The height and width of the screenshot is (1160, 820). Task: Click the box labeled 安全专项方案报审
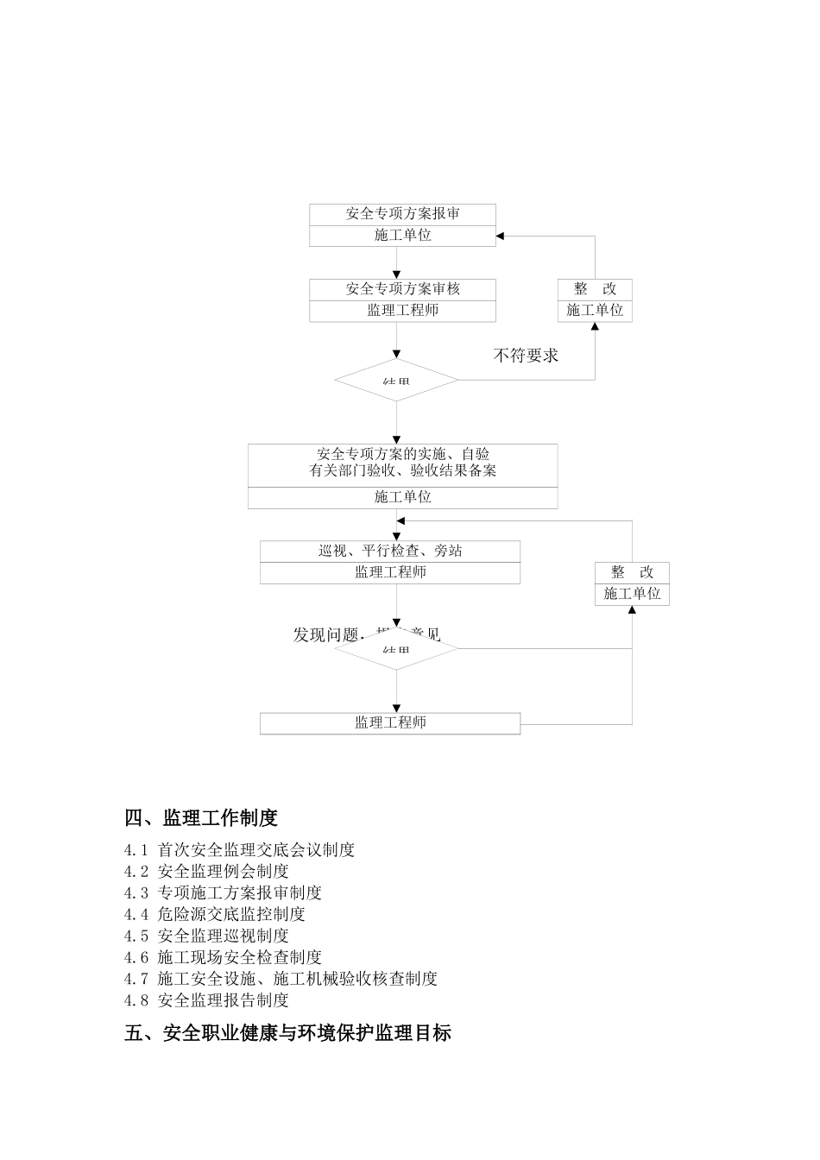coord(402,214)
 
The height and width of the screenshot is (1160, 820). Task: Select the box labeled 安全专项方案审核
coord(402,289)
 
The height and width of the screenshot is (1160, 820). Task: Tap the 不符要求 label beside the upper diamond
coord(526,356)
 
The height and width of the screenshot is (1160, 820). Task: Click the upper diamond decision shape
coord(396,380)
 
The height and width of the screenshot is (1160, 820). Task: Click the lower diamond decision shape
coord(396,648)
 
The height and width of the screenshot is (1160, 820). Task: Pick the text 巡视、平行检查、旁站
coord(390,551)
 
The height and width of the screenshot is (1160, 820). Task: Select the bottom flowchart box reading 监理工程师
coord(390,723)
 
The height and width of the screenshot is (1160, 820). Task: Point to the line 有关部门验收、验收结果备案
coord(402,471)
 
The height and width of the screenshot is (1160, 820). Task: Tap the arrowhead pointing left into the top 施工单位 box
coord(501,236)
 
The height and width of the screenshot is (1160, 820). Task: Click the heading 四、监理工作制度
coord(201,817)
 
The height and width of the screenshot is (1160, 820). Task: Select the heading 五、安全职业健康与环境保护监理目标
coord(287,1032)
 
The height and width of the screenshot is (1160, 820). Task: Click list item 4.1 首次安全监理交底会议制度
coord(239,850)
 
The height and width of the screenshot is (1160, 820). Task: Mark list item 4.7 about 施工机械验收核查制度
coord(281,979)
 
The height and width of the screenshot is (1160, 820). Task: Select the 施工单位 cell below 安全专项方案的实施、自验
coord(402,497)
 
